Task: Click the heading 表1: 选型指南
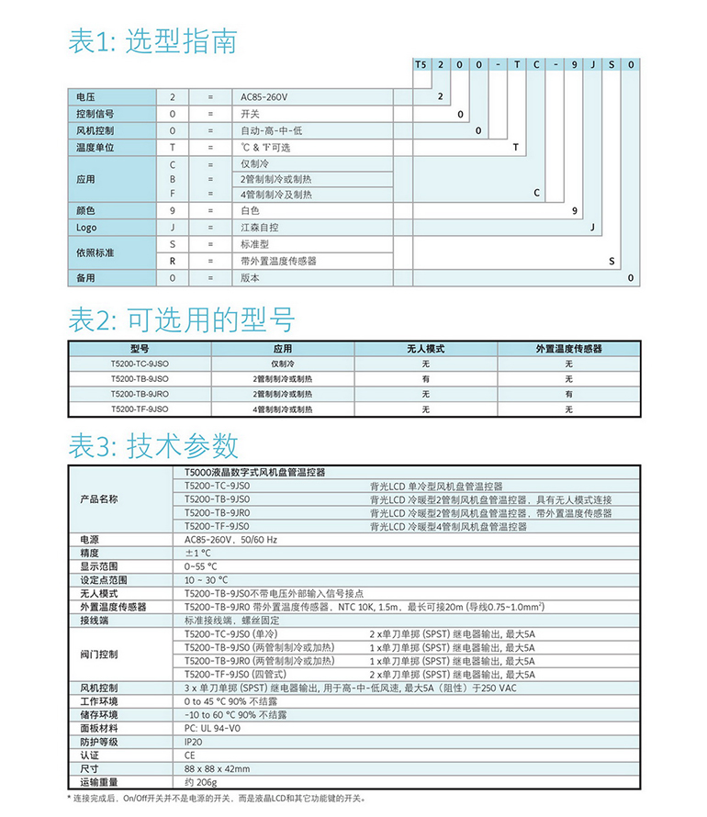point(152,41)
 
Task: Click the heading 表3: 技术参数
point(153,445)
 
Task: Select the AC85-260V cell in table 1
point(264,96)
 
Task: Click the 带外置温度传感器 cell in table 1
point(278,262)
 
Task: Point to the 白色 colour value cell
point(250,211)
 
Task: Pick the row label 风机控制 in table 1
point(94,130)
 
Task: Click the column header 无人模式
point(425,349)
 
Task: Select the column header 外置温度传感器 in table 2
point(568,349)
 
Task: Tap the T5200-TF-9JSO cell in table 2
point(140,408)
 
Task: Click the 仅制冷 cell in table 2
point(282,364)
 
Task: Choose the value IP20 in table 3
point(195,742)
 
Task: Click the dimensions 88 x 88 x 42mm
point(217,768)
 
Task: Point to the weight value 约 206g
point(203,782)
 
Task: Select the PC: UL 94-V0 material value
point(214,728)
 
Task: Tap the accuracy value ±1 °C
point(199,554)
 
